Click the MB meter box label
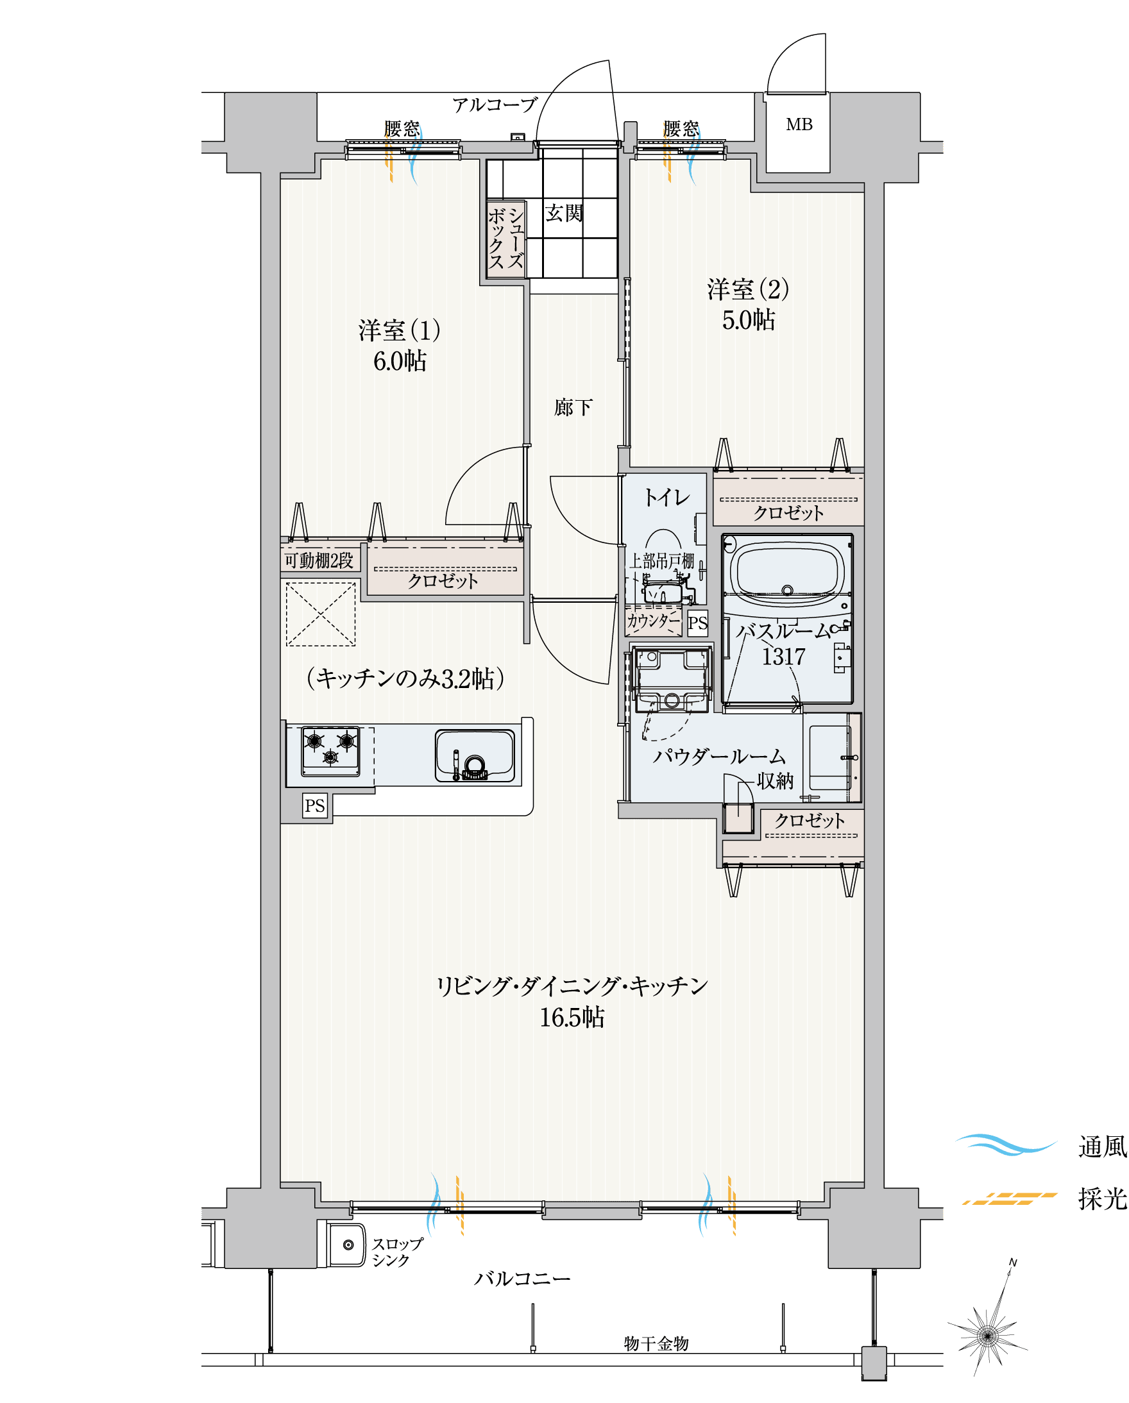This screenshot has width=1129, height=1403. [799, 124]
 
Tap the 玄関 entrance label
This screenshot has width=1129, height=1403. [564, 213]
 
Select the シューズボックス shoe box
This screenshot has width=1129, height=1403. [506, 239]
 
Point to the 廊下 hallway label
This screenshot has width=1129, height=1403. [573, 407]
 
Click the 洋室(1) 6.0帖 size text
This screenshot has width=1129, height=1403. [400, 360]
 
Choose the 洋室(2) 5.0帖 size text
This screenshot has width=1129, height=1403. [749, 319]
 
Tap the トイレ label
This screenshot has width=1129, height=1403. [666, 498]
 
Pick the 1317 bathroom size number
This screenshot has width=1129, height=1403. [783, 657]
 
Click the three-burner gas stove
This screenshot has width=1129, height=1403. [331, 751]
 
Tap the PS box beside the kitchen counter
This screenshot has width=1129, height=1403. [315, 805]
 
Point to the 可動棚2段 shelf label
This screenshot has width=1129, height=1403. [319, 560]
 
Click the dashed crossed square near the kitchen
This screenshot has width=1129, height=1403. [320, 614]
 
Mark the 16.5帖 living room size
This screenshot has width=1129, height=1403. [572, 1017]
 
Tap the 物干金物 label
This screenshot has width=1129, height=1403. [656, 1343]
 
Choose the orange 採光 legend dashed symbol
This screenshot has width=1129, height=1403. [1010, 1198]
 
